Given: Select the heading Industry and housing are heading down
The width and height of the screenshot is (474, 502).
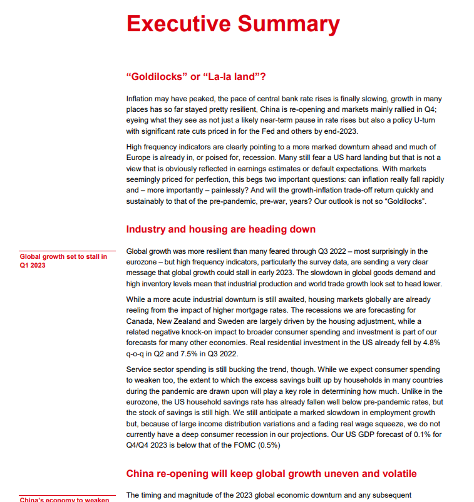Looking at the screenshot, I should [220, 229].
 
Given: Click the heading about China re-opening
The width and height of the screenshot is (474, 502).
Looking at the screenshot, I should [271, 473].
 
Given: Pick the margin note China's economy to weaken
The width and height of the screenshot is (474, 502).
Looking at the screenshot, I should [64, 499].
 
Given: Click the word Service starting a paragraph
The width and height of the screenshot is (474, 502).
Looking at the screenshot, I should [140, 369].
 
